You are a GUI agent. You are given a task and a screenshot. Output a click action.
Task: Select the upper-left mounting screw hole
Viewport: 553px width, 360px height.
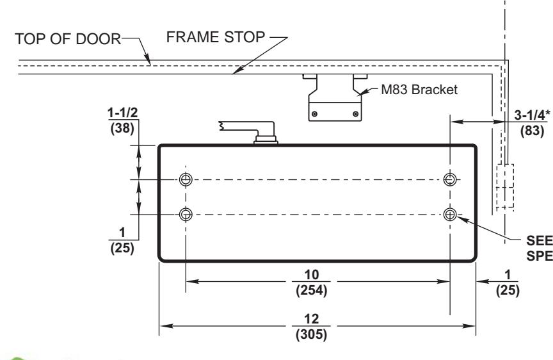[186, 179]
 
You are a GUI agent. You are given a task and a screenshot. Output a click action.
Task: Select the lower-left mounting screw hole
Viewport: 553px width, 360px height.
[186, 213]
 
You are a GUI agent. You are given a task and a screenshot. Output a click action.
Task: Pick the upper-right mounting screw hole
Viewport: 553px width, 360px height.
[451, 179]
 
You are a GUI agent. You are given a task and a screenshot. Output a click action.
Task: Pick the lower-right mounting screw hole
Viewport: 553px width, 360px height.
[451, 213]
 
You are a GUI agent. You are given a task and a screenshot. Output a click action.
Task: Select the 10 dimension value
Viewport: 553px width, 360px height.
[318, 275]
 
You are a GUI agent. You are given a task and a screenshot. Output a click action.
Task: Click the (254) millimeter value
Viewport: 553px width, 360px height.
[318, 290]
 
